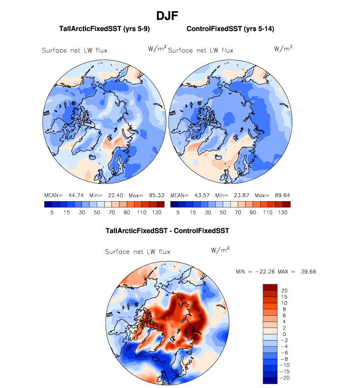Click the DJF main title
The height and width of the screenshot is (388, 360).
click(167, 16)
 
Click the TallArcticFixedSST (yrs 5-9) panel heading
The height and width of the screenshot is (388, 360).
click(104, 29)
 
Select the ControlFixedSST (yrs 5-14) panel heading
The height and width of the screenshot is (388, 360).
click(230, 29)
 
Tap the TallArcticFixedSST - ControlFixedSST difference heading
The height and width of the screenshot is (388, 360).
click(167, 230)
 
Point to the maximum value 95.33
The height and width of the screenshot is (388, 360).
click(154, 195)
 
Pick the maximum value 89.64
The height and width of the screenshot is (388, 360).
click(278, 195)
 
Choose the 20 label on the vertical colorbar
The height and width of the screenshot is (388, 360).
click(284, 290)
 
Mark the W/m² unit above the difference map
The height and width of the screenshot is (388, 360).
click(221, 249)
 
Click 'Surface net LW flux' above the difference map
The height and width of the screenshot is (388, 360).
click(138, 251)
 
